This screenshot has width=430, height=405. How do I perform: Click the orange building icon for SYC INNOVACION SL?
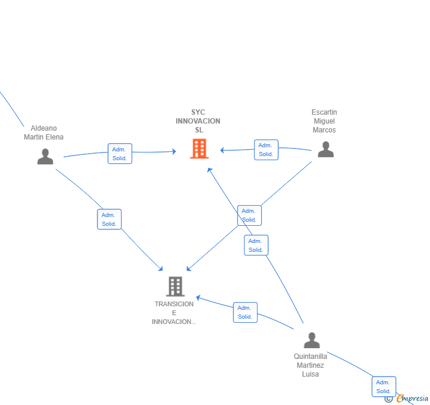[x=200, y=149]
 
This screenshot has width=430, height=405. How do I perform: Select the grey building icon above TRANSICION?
[x=175, y=286]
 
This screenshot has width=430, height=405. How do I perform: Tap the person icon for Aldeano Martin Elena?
[x=45, y=157]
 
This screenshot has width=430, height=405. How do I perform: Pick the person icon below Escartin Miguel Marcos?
[x=326, y=150]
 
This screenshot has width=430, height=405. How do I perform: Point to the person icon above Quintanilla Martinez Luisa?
[x=312, y=340]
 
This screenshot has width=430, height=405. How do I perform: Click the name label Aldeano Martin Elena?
[x=44, y=132]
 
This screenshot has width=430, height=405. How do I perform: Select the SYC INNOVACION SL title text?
[x=198, y=121]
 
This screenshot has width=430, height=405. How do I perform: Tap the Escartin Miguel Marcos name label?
[x=324, y=121]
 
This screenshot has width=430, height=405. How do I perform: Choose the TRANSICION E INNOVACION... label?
[x=174, y=313]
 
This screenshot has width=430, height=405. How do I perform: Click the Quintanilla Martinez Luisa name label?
[x=311, y=365]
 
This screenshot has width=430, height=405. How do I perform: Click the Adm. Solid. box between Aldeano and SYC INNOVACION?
[x=120, y=154]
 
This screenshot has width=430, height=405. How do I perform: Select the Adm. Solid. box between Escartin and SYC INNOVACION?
[x=266, y=150]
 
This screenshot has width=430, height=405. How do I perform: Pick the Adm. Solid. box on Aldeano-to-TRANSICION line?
[x=109, y=219]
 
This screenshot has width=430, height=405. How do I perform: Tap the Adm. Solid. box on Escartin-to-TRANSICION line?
[x=249, y=215]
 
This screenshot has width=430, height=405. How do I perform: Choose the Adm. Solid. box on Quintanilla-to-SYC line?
[x=256, y=245]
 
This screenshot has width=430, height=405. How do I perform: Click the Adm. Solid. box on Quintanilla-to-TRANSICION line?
[x=245, y=312]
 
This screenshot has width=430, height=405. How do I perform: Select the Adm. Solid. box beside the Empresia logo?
[x=384, y=387]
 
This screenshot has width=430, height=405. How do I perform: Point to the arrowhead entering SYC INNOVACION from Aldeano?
[x=174, y=151]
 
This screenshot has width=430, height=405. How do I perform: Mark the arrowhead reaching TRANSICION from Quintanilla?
[x=198, y=297]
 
